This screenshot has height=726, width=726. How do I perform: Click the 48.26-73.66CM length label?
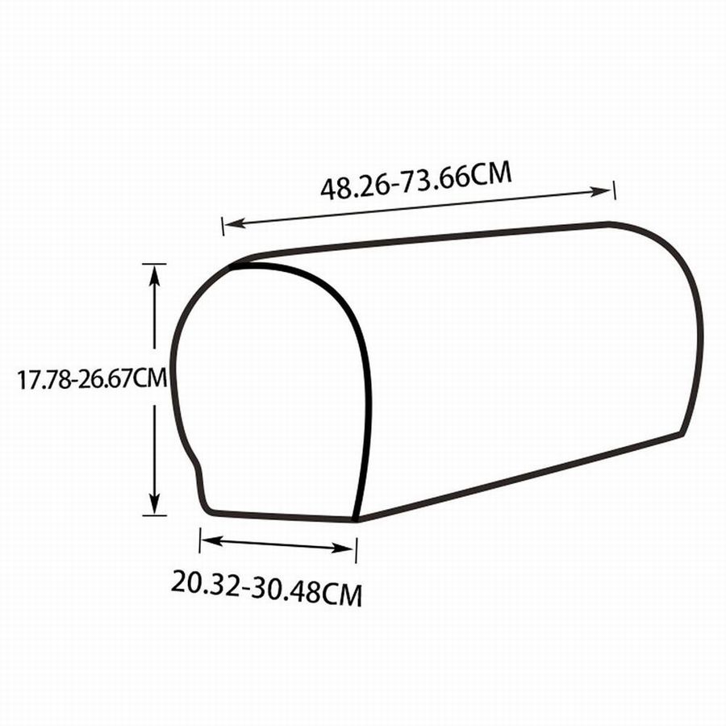tap(416, 181)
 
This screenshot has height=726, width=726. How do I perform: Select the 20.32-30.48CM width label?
tap(267, 588)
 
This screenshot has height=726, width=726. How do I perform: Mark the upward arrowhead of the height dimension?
tap(155, 277)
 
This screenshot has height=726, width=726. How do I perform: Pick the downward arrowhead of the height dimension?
tap(155, 503)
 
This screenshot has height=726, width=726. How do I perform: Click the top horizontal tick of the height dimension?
tap(154, 264)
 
